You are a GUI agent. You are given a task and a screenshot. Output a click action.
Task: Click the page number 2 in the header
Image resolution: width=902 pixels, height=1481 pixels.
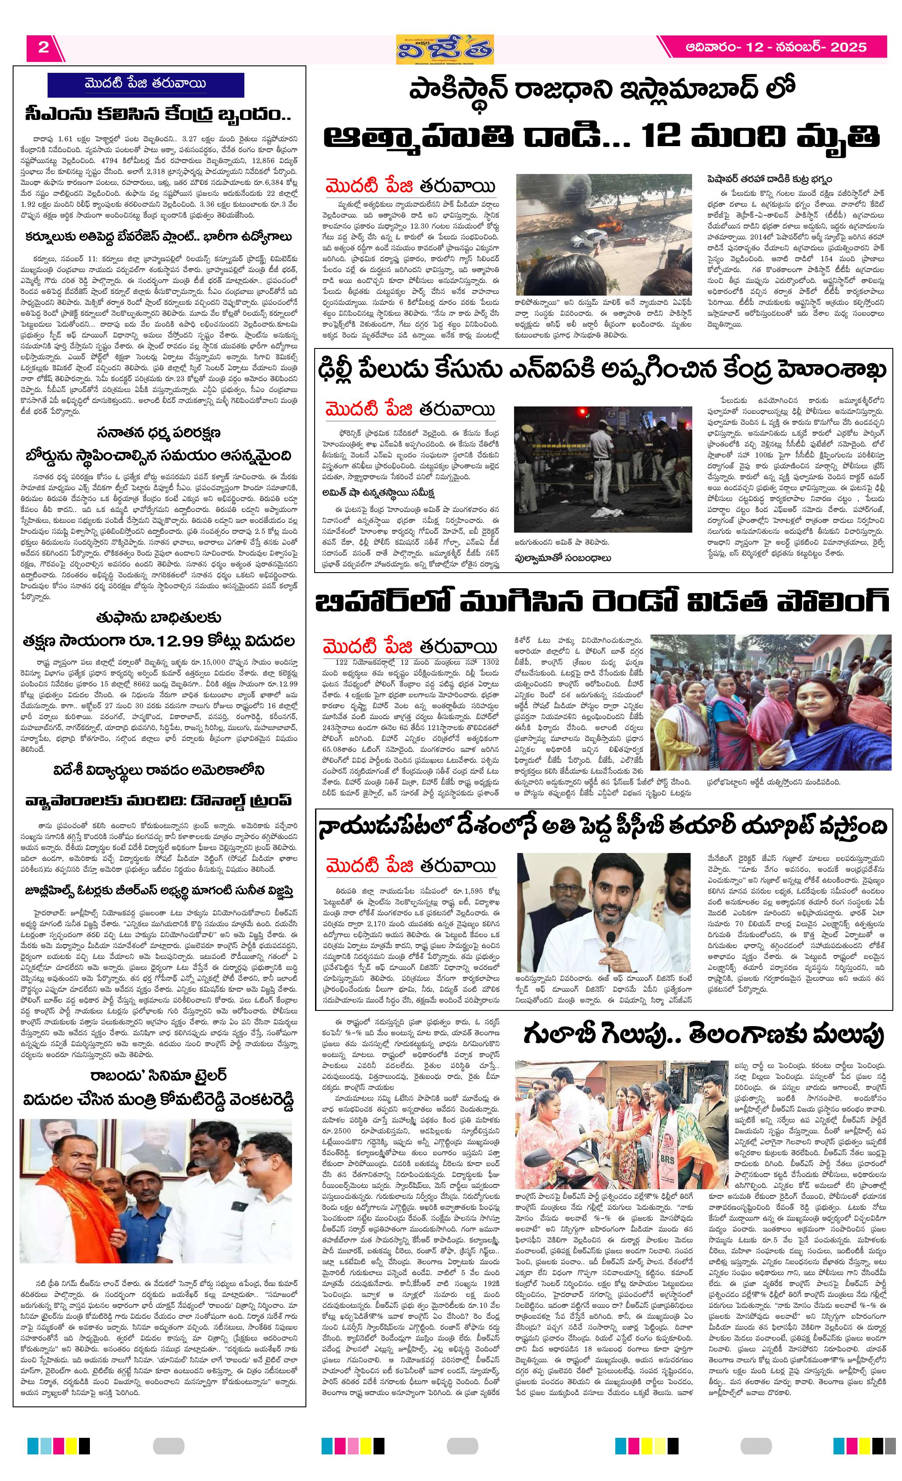click(x=43, y=48)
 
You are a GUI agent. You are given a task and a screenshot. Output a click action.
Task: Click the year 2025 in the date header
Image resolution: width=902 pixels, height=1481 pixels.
click(x=848, y=48)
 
